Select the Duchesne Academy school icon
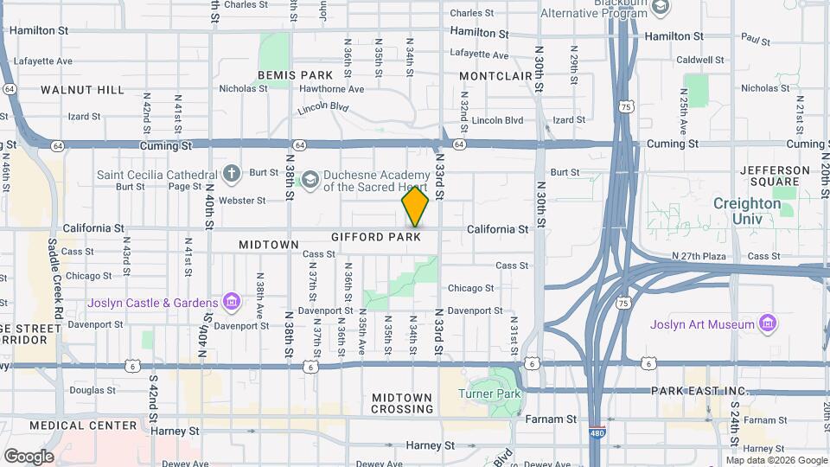pyautogui.click(x=310, y=180)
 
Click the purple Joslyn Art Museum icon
pyautogui.click(x=766, y=324)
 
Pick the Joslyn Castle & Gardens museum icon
pyautogui.click(x=231, y=302)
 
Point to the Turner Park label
pyautogui.click(x=490, y=394)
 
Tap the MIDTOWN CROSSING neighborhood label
pyautogui.click(x=401, y=403)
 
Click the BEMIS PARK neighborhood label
pyautogui.click(x=289, y=75)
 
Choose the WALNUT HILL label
pyautogui.click(x=83, y=90)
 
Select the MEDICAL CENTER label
pyautogui.click(x=83, y=425)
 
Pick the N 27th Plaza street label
pyautogui.click(x=705, y=256)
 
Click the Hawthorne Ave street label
pyautogui.click(x=331, y=89)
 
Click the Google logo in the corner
pyautogui.click(x=29, y=456)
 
